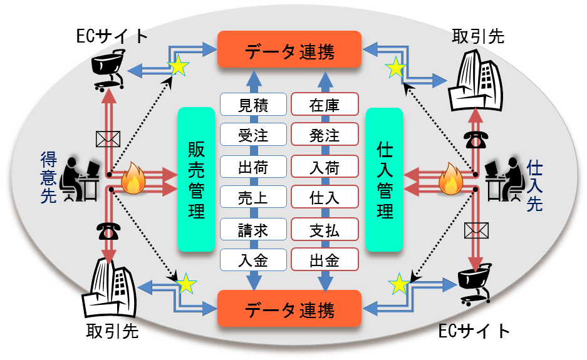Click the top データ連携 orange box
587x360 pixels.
click(x=289, y=49)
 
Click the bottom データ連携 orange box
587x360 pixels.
click(x=289, y=309)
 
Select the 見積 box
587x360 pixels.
click(x=253, y=105)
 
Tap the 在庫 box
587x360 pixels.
click(x=325, y=105)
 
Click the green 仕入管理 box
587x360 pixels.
click(x=384, y=179)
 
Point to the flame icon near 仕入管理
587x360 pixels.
click(x=450, y=178)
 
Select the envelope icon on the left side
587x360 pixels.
click(x=107, y=138)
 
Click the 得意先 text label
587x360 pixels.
click(x=49, y=177)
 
